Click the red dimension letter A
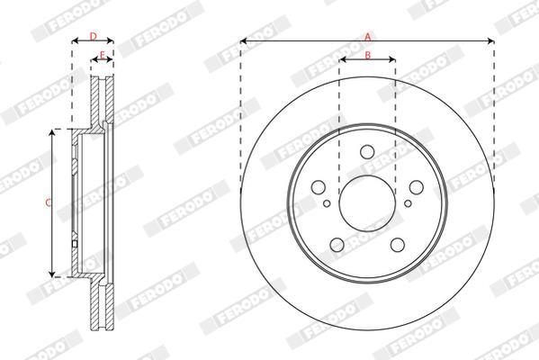click(x=368, y=36)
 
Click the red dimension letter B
click(x=368, y=55)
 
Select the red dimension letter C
click(x=48, y=202)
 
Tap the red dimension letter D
click(x=94, y=36)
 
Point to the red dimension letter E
click(x=102, y=55)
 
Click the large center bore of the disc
click(x=367, y=203)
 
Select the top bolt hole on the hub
click(x=367, y=152)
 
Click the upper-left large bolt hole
click(x=319, y=187)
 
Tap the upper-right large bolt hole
click(x=417, y=187)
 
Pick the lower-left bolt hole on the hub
click(x=337, y=245)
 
